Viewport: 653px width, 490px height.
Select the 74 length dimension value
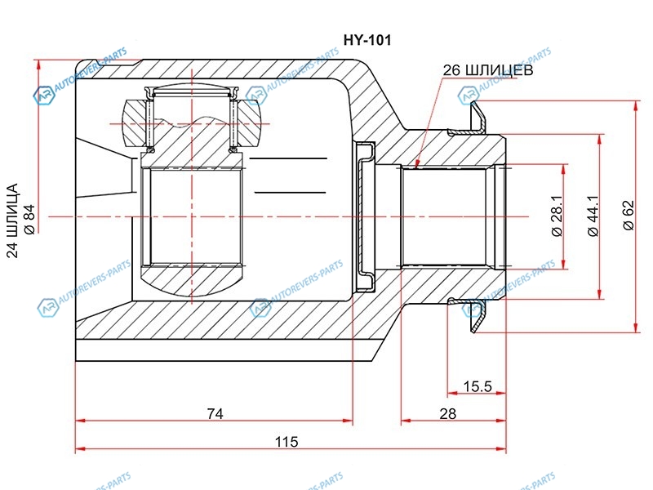214,413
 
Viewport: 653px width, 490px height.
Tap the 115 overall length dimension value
286,442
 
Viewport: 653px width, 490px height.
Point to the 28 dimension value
447,413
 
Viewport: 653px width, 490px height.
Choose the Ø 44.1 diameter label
593,216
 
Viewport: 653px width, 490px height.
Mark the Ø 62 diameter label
628,216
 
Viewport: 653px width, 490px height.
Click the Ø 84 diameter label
29,218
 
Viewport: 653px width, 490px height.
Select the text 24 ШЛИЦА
12,219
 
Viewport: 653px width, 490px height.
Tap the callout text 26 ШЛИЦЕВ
488,71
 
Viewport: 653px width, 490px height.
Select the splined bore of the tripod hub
193,216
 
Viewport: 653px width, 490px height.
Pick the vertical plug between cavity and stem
364,216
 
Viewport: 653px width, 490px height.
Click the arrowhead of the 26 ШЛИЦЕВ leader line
415,165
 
